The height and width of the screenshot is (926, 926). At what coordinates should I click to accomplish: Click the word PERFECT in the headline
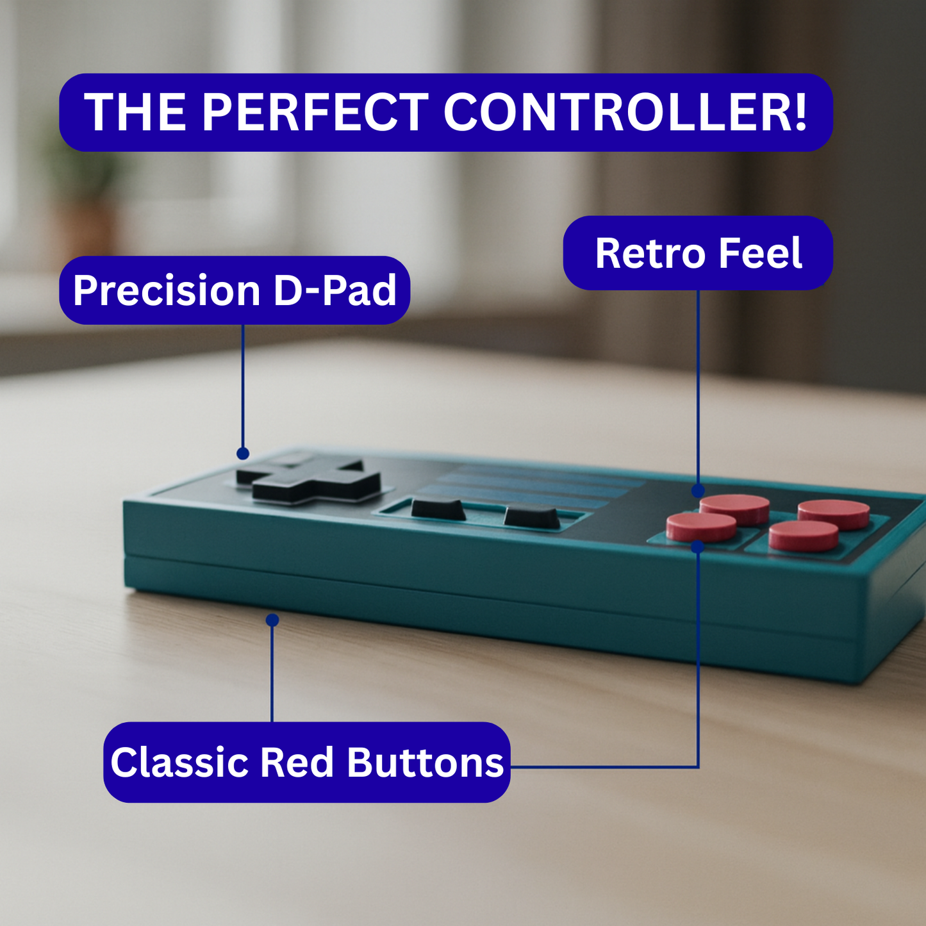(315, 112)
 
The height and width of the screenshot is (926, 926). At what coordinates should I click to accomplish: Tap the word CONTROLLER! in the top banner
(625, 112)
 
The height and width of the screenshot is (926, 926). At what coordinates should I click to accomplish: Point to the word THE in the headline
(135, 112)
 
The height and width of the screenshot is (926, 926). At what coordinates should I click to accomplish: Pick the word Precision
(167, 290)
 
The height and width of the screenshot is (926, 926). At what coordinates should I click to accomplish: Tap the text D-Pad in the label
(335, 290)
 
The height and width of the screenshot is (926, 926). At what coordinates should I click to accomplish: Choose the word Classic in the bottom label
(179, 763)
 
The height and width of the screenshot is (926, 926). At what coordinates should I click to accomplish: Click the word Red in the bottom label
(297, 763)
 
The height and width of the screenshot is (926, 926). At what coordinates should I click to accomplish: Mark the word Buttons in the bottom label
(426, 763)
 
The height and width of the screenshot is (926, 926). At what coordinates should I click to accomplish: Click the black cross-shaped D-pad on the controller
(309, 481)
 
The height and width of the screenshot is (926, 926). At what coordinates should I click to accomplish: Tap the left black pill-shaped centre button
(438, 509)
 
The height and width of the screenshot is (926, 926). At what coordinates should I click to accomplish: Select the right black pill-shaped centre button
(531, 517)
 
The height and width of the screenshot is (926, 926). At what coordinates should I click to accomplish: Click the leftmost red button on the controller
(701, 527)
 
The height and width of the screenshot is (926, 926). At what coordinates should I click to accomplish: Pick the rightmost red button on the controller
(833, 514)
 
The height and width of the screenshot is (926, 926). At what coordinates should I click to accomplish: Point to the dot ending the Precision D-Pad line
(243, 453)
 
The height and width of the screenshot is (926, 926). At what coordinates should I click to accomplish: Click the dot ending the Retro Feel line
(698, 491)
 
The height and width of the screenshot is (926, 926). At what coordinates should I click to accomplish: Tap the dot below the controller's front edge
(272, 620)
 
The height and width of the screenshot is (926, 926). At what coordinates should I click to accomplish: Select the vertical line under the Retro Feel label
(698, 390)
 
